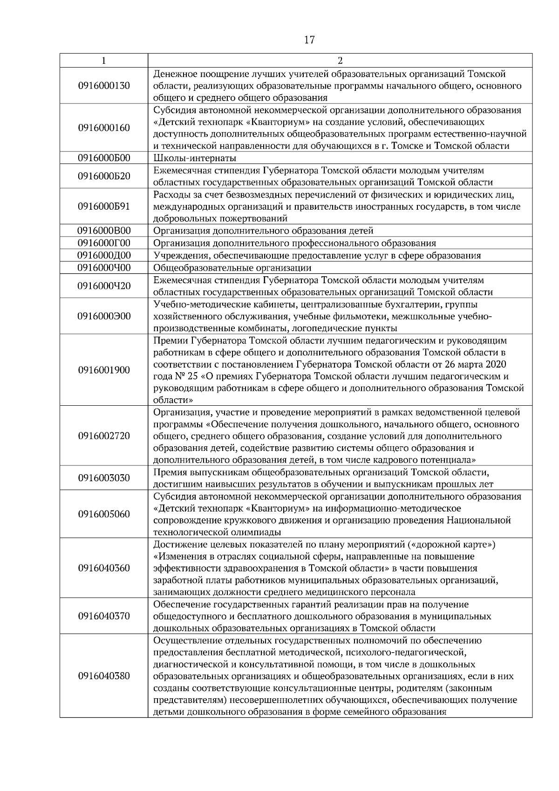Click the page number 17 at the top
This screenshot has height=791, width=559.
point(309,40)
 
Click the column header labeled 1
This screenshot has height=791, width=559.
point(103,61)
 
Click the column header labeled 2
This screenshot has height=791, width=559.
point(340,61)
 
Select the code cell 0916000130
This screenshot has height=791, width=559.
point(104,86)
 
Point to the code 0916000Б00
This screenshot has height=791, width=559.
point(104,158)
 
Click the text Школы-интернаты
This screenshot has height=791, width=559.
point(195,158)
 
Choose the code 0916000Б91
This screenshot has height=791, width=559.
point(104,206)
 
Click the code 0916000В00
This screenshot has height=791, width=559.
point(104,231)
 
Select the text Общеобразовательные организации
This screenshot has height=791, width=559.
point(232,268)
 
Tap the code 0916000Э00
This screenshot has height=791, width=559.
point(104,316)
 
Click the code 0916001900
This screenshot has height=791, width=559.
point(104,370)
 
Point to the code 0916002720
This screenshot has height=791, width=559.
point(104,436)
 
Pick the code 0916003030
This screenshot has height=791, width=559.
point(104,478)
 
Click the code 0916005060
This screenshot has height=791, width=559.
point(104,514)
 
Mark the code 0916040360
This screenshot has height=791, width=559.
point(104,568)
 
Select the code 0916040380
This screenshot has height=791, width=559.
point(104,676)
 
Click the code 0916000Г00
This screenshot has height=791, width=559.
point(104,243)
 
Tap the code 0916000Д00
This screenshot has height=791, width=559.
point(104,255)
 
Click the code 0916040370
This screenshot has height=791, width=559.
point(104,616)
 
